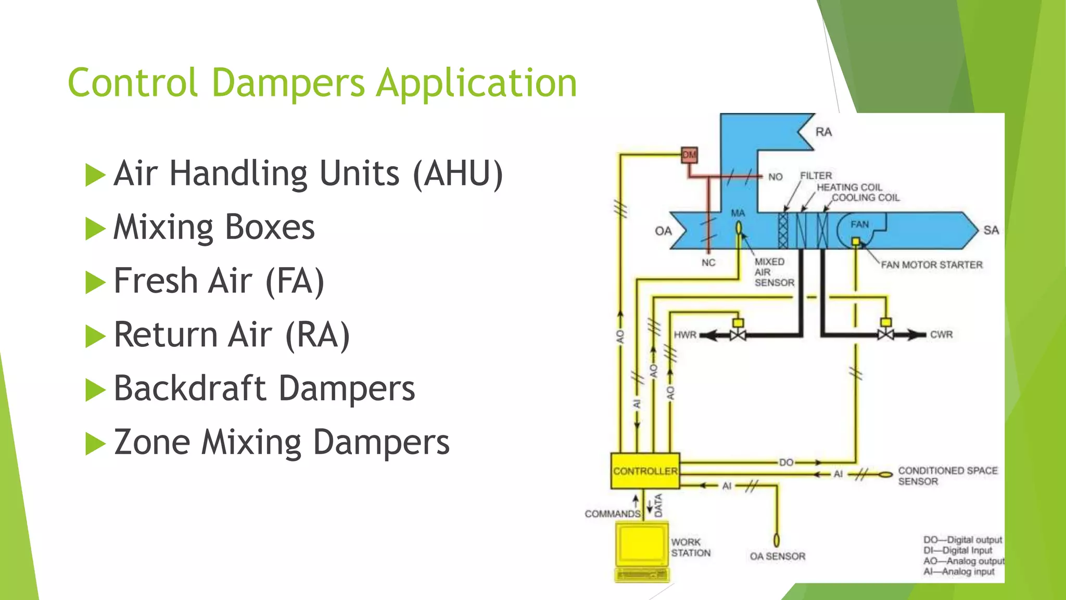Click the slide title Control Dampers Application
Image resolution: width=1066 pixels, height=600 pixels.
(322, 83)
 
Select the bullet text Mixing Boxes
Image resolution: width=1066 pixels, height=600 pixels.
(214, 227)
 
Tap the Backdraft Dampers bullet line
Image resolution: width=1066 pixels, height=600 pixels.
(264, 389)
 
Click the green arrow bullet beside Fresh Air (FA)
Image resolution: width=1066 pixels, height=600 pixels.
(95, 282)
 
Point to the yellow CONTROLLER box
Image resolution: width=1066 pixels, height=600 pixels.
(645, 471)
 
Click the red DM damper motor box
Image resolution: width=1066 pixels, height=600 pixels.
(689, 155)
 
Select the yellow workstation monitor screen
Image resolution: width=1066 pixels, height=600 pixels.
(641, 544)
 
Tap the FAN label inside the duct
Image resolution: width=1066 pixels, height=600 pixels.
(859, 224)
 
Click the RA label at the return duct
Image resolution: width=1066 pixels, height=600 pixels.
(823, 132)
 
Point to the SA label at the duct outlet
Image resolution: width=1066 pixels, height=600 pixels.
(991, 230)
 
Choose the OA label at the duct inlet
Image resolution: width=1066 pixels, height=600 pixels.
(663, 231)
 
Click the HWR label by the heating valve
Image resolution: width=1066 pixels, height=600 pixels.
(685, 334)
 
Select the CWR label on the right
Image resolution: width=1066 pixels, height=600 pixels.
(941, 334)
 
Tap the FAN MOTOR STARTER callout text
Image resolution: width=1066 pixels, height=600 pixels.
(932, 265)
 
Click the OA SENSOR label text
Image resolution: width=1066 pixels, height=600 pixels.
(777, 556)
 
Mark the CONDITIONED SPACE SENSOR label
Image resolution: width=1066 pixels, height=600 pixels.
(947, 476)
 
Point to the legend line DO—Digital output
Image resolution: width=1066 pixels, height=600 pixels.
(962, 540)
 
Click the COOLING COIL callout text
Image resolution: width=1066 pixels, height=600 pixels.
(866, 197)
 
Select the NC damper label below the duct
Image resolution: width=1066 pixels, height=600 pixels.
(708, 262)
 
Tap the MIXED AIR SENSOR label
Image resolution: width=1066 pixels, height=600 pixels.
(774, 272)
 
